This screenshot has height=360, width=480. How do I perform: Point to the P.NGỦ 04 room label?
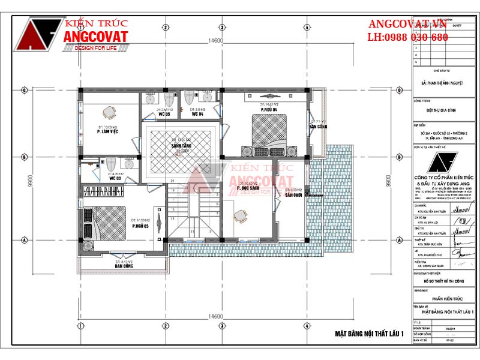(x=268, y=110)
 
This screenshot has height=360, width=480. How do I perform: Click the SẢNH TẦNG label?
(x=181, y=146)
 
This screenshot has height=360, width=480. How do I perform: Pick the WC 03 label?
(x=115, y=178)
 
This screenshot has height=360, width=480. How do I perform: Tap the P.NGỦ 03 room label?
(x=140, y=226)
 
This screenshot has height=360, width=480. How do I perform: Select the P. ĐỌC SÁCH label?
(x=247, y=188)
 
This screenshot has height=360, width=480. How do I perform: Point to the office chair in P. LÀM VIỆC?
(x=109, y=113)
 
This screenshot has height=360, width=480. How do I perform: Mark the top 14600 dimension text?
(x=216, y=41)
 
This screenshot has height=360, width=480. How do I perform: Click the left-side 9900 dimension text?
(x=30, y=181)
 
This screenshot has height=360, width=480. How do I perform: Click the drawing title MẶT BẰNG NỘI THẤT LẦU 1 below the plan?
(x=369, y=333)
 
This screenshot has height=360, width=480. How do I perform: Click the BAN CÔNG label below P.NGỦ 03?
(x=124, y=268)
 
